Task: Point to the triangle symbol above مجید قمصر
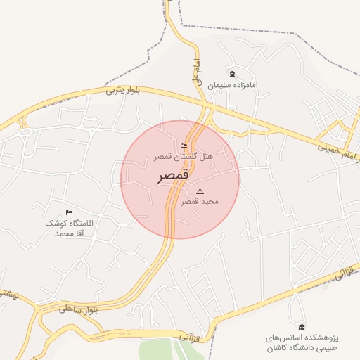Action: [200, 191]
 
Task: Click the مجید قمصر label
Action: [200, 201]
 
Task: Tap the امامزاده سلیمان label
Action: [233, 85]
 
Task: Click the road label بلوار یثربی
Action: [124, 90]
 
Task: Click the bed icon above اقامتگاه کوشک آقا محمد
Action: [69, 212]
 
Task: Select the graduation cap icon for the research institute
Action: [302, 327]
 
